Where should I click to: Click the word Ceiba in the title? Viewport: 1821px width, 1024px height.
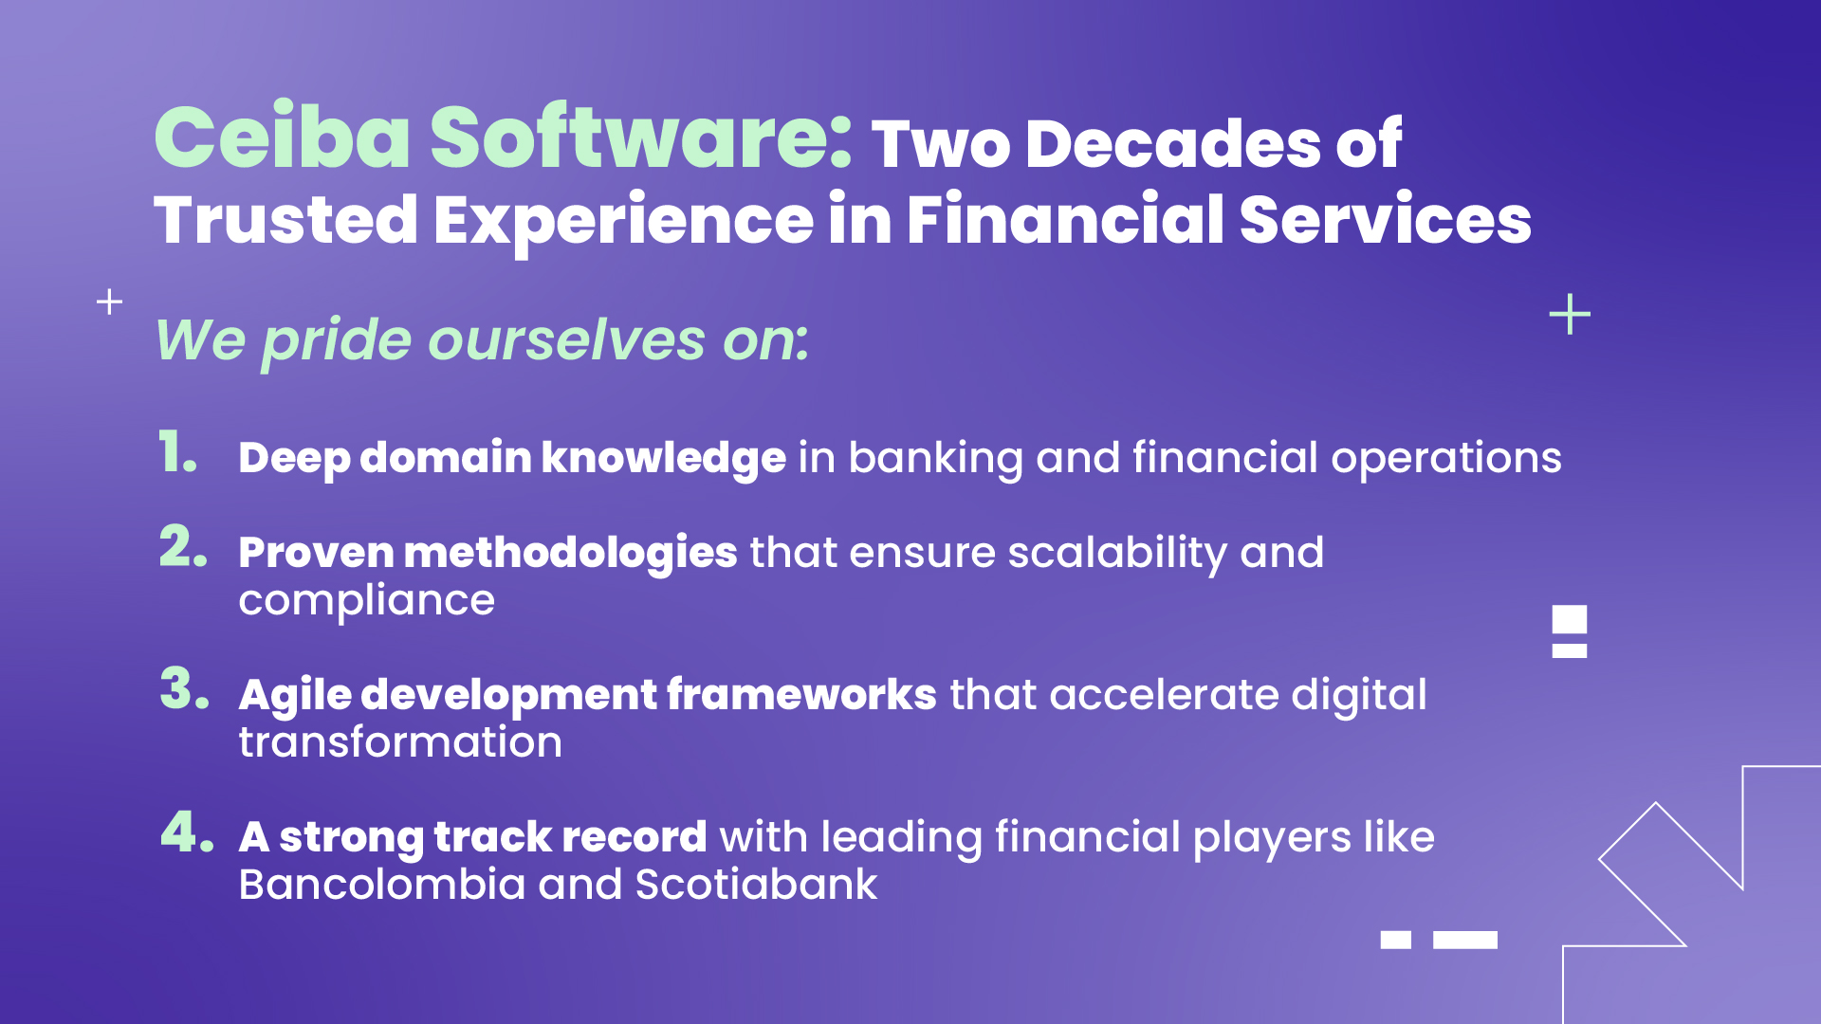[282, 138]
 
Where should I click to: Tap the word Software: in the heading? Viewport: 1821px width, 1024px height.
[641, 138]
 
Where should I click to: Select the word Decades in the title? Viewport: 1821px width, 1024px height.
[1174, 144]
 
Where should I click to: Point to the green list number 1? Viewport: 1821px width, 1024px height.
[176, 452]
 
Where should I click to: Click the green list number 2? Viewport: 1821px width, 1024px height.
[182, 548]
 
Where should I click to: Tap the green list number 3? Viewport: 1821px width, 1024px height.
[183, 689]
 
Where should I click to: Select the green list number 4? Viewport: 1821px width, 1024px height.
[186, 832]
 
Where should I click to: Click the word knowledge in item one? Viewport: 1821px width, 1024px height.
[663, 458]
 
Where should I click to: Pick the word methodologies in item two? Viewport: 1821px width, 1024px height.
[570, 553]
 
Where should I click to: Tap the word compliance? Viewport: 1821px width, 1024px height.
[366, 600]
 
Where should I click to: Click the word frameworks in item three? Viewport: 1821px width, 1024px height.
[801, 695]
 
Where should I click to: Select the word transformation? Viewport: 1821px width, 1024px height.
[399, 742]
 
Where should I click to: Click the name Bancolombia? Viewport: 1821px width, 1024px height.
[381, 885]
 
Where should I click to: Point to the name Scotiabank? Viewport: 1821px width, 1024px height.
[755, 885]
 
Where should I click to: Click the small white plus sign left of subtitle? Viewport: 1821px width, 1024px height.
[110, 302]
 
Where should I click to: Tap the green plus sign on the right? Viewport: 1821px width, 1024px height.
[1569, 314]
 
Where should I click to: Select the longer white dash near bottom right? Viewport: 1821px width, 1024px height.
[1464, 940]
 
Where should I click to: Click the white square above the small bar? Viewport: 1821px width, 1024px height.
[1569, 620]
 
